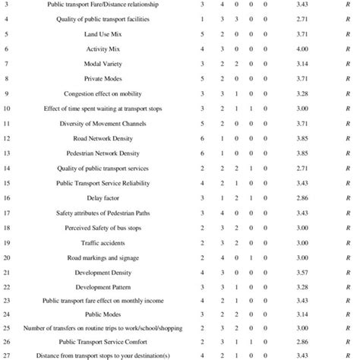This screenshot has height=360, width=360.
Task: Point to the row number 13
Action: coord(6,153)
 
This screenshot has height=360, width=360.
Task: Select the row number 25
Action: coord(6,329)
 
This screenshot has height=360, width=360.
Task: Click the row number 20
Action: coord(6,257)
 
